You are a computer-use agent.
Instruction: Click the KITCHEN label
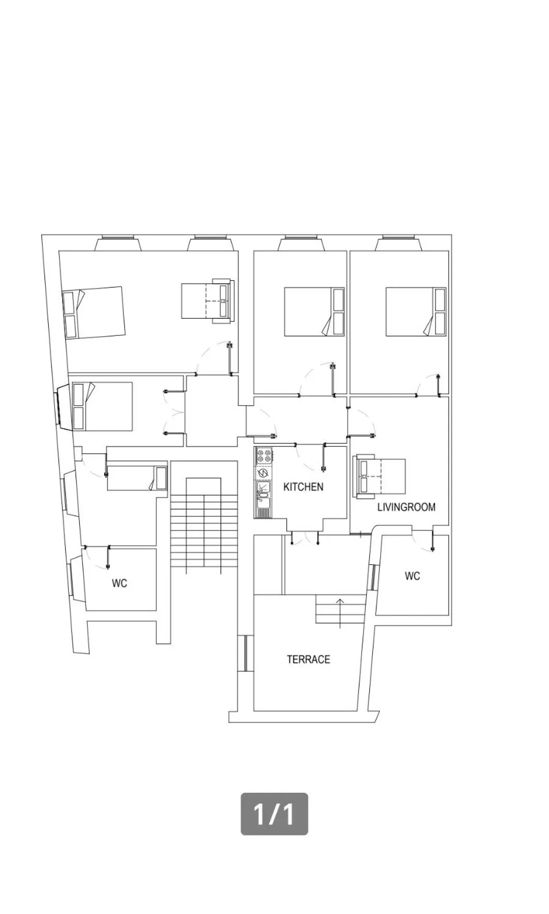click(303, 487)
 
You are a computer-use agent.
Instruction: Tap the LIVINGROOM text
click(406, 507)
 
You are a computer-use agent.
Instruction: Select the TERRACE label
click(308, 659)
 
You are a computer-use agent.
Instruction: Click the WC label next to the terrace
click(412, 576)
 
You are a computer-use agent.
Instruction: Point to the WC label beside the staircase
click(119, 583)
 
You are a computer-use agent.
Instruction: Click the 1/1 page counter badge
click(274, 813)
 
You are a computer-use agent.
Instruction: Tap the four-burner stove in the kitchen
click(263, 456)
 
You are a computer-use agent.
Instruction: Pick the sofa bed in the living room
click(380, 476)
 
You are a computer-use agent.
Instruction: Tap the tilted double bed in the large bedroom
click(94, 313)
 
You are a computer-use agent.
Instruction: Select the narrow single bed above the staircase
click(137, 478)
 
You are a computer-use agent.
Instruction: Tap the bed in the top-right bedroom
click(416, 312)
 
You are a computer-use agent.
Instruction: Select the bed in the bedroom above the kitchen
click(314, 312)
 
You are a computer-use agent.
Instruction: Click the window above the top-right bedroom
click(399, 242)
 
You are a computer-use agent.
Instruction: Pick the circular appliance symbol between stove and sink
click(263, 473)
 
